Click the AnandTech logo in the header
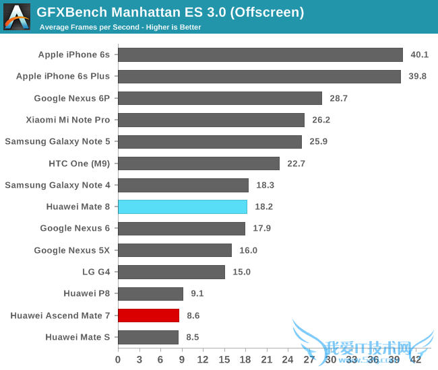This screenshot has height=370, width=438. coord(17,17)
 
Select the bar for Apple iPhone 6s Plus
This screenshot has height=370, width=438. coord(259,77)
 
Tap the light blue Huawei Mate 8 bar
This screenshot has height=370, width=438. coord(183,207)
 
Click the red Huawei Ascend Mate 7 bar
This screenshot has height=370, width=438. coord(148,315)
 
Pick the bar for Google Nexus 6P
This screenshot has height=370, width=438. coord(220,98)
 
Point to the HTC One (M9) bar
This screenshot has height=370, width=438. coord(199,163)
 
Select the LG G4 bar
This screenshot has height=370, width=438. coord(171,272)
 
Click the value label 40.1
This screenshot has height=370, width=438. coord(420,55)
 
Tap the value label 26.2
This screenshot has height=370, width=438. coord(321,120)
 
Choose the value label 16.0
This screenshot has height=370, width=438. coord(248,250)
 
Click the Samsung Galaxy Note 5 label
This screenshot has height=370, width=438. coord(57,141)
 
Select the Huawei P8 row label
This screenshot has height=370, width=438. coord(86,293)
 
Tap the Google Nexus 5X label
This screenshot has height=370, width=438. coord(72,250)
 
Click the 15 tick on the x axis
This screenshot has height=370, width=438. coord(224,359)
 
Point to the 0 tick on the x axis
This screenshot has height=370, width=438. coord(119,359)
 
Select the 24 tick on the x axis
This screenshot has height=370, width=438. coord(288,359)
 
